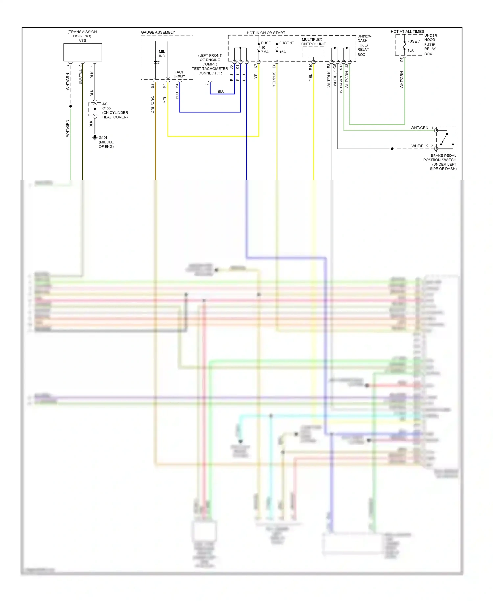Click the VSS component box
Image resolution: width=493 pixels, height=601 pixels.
click(82, 52)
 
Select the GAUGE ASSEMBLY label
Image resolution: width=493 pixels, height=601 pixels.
click(158, 32)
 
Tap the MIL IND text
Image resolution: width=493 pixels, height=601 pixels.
click(162, 54)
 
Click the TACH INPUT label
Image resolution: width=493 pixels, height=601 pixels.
click(179, 74)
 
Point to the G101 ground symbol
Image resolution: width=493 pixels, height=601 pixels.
click(95, 137)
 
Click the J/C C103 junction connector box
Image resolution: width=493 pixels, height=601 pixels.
click(95, 109)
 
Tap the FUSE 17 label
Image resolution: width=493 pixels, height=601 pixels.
click(286, 43)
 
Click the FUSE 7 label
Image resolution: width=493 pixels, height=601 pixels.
click(413, 41)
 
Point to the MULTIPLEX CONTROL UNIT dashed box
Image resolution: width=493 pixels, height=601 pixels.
click(313, 52)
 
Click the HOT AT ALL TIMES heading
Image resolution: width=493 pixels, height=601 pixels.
click(407, 32)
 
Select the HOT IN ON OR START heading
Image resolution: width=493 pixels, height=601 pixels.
click(266, 33)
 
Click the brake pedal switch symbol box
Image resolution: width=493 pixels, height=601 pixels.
click(446, 139)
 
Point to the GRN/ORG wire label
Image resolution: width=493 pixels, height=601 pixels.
click(153, 105)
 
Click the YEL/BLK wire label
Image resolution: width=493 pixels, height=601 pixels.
click(274, 80)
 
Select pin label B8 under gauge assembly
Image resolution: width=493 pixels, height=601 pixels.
click(153, 86)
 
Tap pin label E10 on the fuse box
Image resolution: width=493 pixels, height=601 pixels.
click(311, 67)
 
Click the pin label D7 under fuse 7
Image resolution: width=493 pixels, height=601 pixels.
click(401, 60)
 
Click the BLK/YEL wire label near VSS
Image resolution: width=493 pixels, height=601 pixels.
click(80, 77)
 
